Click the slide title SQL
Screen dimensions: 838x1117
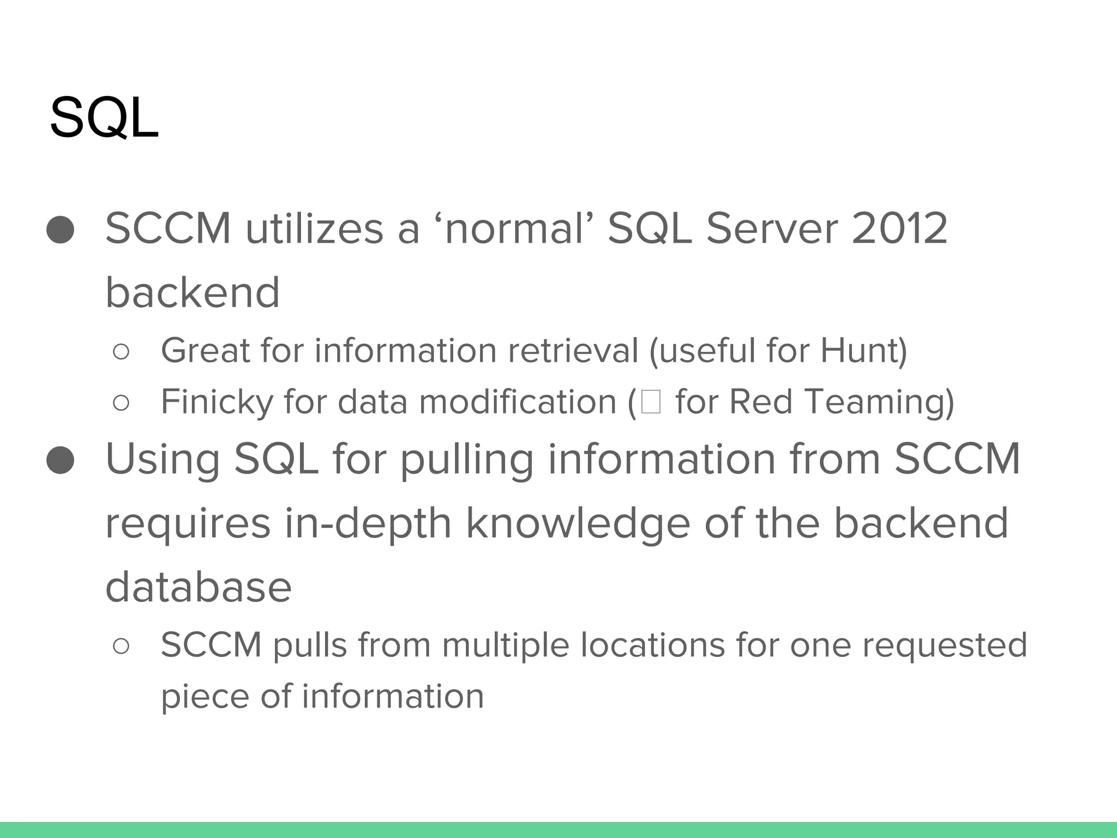pyautogui.click(x=104, y=118)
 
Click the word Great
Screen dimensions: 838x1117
pyautogui.click(x=205, y=350)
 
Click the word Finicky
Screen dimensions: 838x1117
pyautogui.click(x=216, y=402)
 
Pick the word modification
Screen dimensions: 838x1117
pyautogui.click(x=518, y=402)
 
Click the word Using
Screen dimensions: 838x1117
pyautogui.click(x=162, y=459)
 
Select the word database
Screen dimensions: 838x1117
pyautogui.click(x=199, y=587)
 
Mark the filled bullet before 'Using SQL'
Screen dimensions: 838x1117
pyautogui.click(x=61, y=460)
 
